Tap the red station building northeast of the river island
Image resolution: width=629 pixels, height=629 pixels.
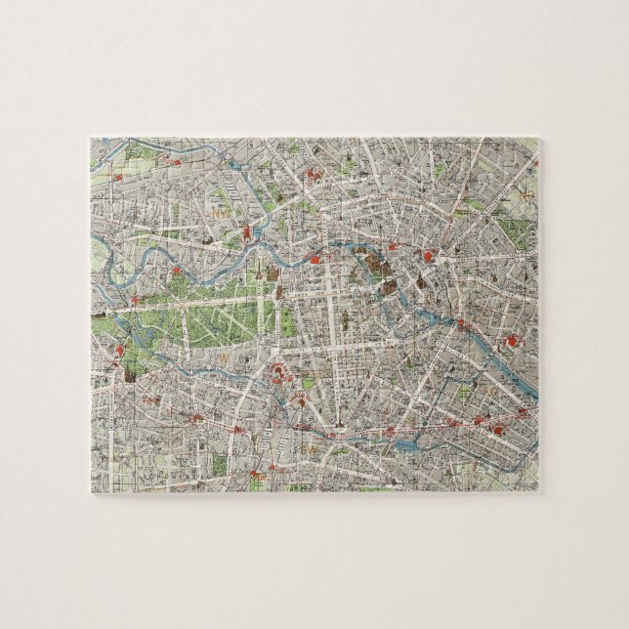431,257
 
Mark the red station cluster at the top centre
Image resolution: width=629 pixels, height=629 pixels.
315,176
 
